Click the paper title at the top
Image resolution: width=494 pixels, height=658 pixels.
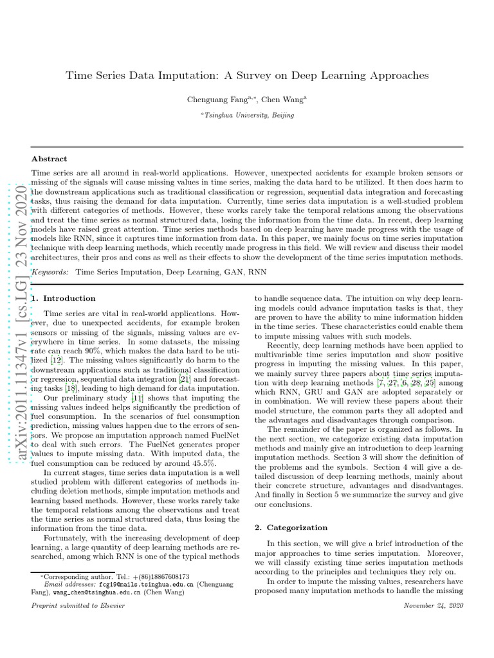[247, 75]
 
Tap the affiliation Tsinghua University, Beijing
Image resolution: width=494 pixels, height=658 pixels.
[247, 115]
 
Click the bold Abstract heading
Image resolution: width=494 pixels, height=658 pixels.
[50, 159]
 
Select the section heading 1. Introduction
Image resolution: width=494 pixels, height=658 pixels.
[64, 298]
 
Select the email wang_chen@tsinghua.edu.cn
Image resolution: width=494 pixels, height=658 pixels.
[95, 592]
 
